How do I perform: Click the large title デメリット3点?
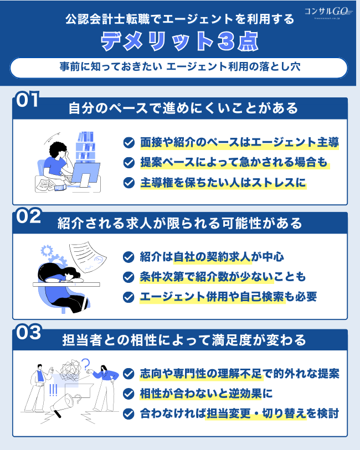coord(180,42)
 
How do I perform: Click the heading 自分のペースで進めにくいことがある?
coord(183,107)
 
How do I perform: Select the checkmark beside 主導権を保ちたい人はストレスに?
coord(129,182)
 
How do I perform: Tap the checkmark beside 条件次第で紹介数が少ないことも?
coord(129,277)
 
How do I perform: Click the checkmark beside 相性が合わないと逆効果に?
coord(129,394)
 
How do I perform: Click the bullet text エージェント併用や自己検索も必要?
coord(228,297)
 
